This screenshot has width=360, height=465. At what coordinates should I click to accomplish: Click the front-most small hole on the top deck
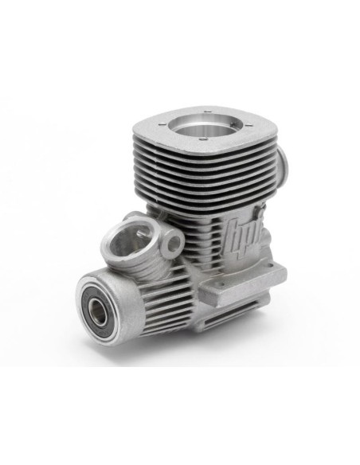pyautogui.click(x=202, y=139)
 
